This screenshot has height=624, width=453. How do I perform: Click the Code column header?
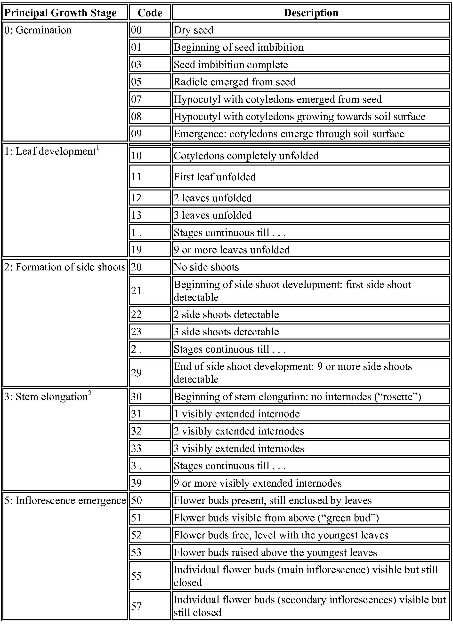point(150,13)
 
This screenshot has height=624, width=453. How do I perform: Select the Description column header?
point(311,13)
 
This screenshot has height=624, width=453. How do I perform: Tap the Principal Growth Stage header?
point(61,13)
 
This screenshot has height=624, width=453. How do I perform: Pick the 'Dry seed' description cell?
point(194,30)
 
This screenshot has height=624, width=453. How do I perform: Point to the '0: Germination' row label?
point(38,30)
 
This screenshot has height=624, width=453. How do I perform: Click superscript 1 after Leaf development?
point(98,149)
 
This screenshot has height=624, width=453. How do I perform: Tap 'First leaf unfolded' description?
point(215,177)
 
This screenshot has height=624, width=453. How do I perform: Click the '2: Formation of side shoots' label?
point(65,267)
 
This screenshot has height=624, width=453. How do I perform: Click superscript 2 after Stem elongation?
point(90,394)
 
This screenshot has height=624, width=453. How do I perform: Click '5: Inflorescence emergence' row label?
point(65,500)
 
